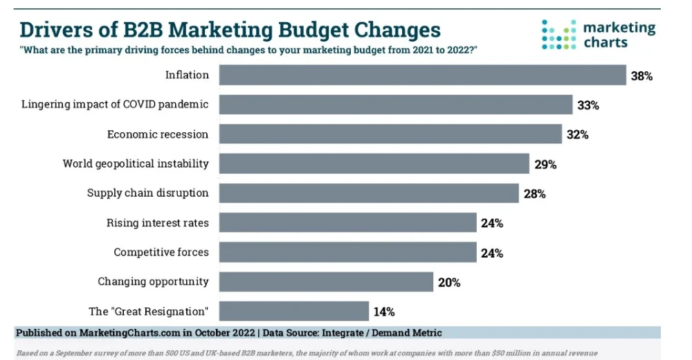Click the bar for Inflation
(x=422, y=75)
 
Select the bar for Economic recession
(x=390, y=134)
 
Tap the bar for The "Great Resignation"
(x=294, y=311)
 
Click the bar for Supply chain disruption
(x=369, y=193)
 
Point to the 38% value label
(x=641, y=76)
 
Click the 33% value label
(x=588, y=105)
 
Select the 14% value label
(x=384, y=312)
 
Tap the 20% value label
(x=448, y=282)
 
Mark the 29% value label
(x=545, y=164)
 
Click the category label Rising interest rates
(x=157, y=223)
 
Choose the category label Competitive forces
(x=161, y=252)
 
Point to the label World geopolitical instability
(x=136, y=164)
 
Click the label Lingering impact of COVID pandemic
(x=115, y=105)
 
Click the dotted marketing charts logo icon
(x=558, y=35)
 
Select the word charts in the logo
(x=606, y=43)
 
